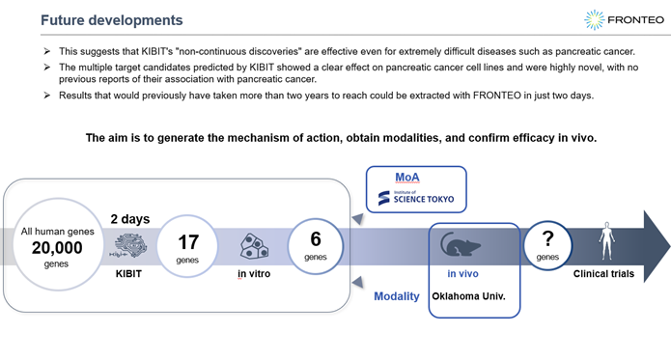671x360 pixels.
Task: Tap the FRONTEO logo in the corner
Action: point(622,18)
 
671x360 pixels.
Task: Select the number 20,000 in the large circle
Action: point(56,248)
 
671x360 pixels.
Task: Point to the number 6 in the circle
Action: point(316,238)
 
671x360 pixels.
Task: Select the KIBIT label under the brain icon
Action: point(128,273)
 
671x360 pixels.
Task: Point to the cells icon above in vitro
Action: point(253,246)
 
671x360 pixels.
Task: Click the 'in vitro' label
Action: point(253,273)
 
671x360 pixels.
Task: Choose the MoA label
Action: point(408,178)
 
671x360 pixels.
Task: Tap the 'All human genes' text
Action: point(56,232)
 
